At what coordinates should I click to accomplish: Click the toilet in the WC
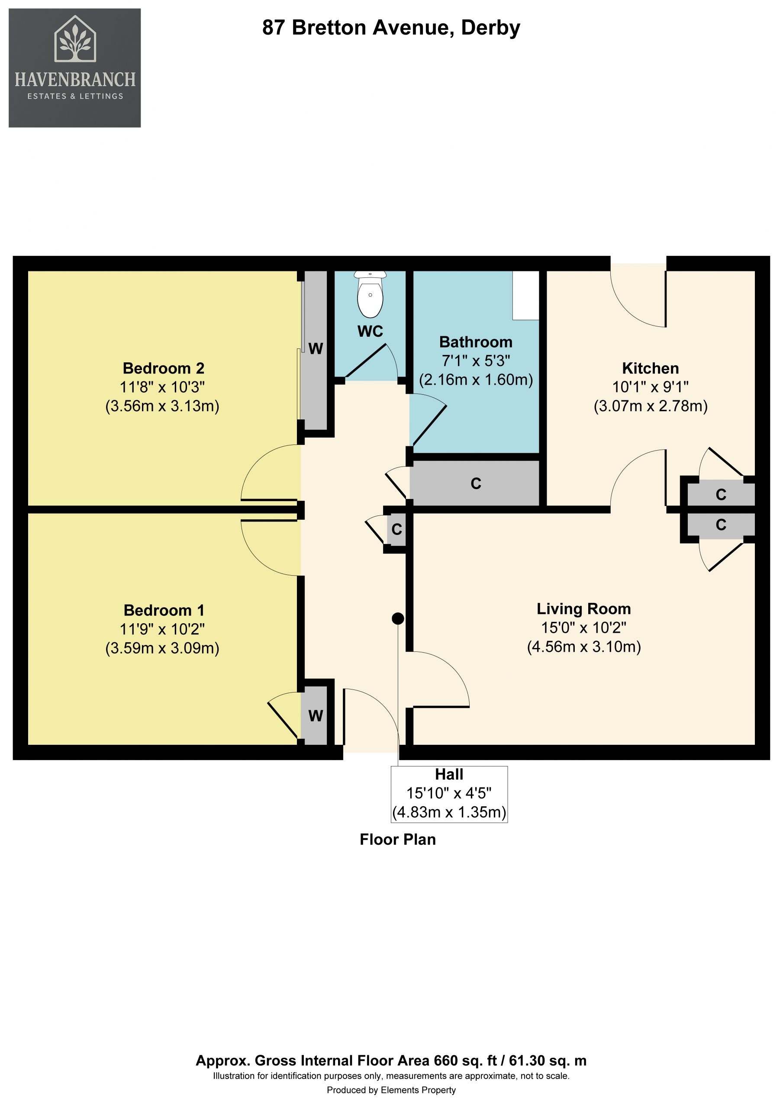tap(370, 294)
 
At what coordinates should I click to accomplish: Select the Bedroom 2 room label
tap(163, 368)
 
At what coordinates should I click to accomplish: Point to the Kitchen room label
tap(650, 368)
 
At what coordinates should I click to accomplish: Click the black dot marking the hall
tap(398, 618)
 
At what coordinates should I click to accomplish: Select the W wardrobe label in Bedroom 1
tap(316, 716)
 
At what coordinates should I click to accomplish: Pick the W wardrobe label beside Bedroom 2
tap(316, 348)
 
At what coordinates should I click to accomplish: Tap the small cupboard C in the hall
tap(397, 529)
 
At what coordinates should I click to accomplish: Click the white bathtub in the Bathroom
tap(526, 295)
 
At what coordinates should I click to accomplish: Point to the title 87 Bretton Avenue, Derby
tap(391, 28)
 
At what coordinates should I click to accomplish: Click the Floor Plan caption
tap(398, 839)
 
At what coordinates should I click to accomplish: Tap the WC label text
tap(370, 331)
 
